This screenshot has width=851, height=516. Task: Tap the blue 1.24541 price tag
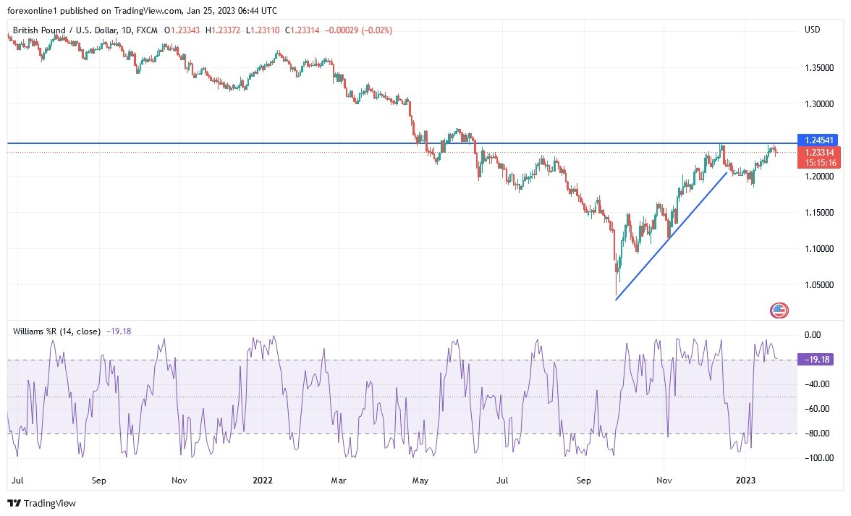[x=818, y=139]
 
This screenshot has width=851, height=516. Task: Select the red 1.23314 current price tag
[x=818, y=153]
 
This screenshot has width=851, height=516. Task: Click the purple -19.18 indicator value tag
[x=818, y=359]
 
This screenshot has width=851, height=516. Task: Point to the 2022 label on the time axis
[x=263, y=479]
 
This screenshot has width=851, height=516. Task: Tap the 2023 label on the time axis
[x=745, y=479]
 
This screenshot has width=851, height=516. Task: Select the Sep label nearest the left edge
[x=100, y=479]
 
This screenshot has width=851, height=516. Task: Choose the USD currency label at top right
[x=812, y=30]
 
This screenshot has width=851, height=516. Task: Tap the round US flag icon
[x=779, y=311]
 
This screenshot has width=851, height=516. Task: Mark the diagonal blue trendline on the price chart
[x=672, y=236]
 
